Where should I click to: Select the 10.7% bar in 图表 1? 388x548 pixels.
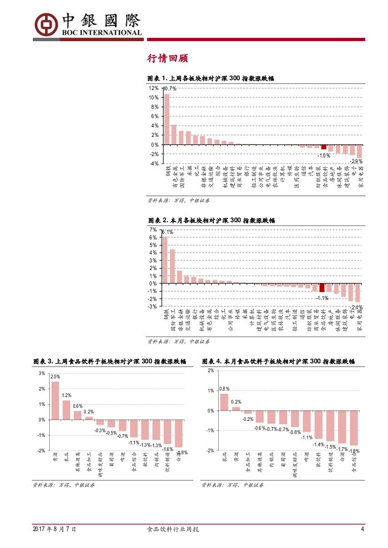167,119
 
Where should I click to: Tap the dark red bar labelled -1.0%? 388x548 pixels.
323,147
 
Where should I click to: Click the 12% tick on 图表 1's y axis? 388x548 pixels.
153,88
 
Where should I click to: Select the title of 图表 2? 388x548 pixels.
211,220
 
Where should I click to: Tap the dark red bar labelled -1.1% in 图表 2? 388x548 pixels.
322,287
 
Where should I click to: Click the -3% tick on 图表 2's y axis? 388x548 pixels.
153,306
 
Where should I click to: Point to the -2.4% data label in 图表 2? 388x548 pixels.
356,308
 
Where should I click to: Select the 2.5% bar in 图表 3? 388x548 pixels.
55,400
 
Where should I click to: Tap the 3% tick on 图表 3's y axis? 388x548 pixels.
42,373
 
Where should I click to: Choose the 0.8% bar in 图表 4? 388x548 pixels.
224,402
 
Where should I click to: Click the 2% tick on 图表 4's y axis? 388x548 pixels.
211,370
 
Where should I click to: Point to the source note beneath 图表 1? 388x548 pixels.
178,200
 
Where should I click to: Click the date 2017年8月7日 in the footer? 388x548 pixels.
54,529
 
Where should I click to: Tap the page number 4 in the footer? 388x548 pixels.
362,529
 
